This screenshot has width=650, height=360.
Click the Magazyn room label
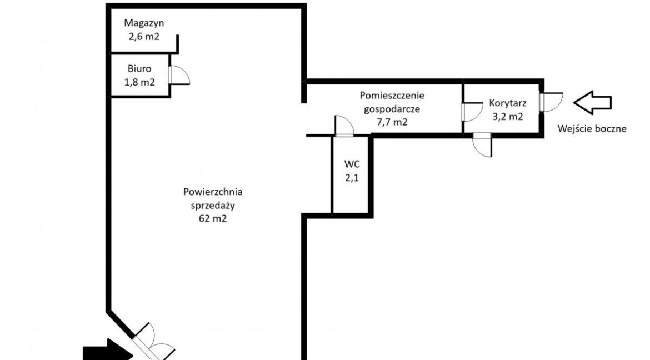click(144, 23)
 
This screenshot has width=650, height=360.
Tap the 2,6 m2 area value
click(144, 37)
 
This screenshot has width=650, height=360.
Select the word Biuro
click(139, 69)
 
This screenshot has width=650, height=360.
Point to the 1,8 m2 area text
click(139, 82)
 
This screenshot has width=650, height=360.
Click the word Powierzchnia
click(213, 192)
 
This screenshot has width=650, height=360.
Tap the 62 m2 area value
click(213, 218)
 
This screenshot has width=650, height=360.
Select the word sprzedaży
click(213, 206)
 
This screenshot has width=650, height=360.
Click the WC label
click(352, 164)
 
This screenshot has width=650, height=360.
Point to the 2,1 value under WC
click(352, 178)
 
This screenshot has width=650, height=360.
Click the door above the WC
click(344, 126)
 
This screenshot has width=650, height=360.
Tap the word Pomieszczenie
click(392, 96)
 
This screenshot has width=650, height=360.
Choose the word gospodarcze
click(392, 109)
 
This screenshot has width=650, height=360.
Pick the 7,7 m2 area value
click(392, 122)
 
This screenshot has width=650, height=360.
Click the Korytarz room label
click(507, 103)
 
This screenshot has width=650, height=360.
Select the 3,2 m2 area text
click(507, 117)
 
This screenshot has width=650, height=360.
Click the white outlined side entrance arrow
click(592, 102)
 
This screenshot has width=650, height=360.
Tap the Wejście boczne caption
click(592, 128)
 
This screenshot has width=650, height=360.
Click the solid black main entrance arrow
click(108, 351)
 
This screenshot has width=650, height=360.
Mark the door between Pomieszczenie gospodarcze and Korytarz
click(472, 112)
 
